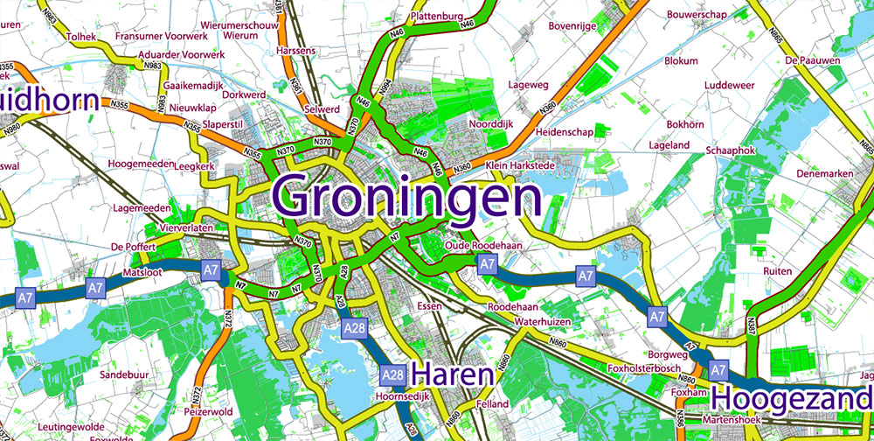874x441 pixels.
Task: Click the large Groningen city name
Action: point(407,197)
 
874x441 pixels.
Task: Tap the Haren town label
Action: point(453,375)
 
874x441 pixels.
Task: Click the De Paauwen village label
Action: point(812,60)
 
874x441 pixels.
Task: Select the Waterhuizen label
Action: point(542,322)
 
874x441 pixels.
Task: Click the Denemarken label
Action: point(824,174)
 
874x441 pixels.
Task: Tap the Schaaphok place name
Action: point(731,151)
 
